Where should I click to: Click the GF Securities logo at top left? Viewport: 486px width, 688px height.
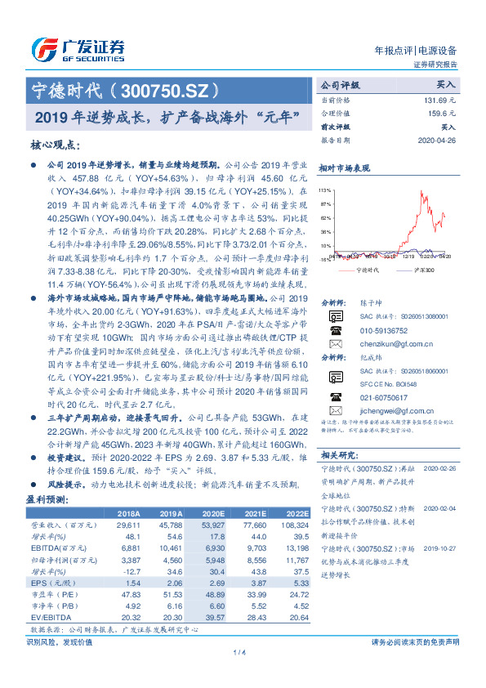click(x=78, y=47)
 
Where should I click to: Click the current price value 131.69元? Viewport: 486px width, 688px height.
click(x=441, y=99)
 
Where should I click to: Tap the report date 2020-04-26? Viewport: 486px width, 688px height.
click(x=435, y=140)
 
